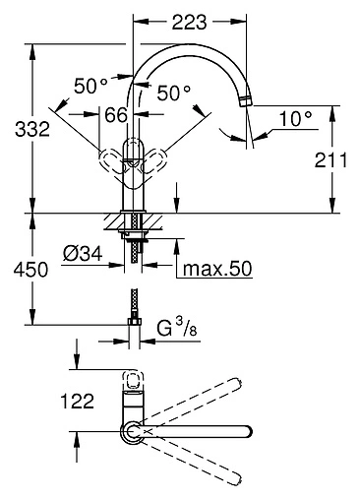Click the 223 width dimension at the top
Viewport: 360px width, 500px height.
click(x=190, y=22)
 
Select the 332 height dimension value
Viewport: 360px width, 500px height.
click(x=32, y=129)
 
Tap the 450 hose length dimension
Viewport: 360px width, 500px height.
click(x=30, y=270)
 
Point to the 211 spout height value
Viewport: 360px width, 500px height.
click(x=330, y=160)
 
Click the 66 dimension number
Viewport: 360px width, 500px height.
click(x=116, y=115)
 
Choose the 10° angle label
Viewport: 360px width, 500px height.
click(x=296, y=118)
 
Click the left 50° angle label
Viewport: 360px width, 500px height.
click(x=90, y=86)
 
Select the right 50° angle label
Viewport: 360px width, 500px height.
click(x=174, y=93)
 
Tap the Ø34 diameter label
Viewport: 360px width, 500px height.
click(x=83, y=254)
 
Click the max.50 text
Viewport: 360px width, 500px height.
click(x=217, y=269)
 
